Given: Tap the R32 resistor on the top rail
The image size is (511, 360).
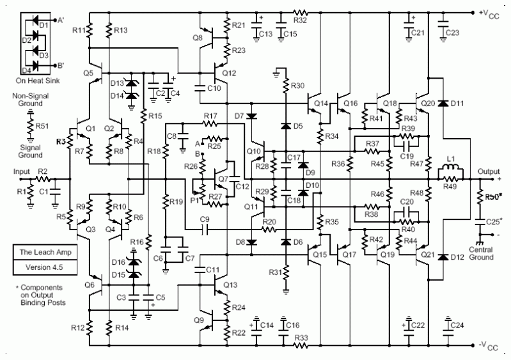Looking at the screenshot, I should click(x=301, y=12).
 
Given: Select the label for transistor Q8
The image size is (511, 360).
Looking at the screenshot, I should click(x=197, y=38).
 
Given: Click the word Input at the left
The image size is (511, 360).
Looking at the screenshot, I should click(x=22, y=171).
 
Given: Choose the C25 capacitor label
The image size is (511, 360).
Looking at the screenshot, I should click(x=492, y=221).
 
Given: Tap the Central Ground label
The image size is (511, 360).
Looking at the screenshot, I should click(x=480, y=253).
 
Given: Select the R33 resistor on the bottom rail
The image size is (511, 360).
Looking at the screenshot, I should click(x=301, y=345).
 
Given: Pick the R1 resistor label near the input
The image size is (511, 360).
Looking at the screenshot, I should click(x=19, y=191).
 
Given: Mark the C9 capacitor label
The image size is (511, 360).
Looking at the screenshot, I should click(x=205, y=221).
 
